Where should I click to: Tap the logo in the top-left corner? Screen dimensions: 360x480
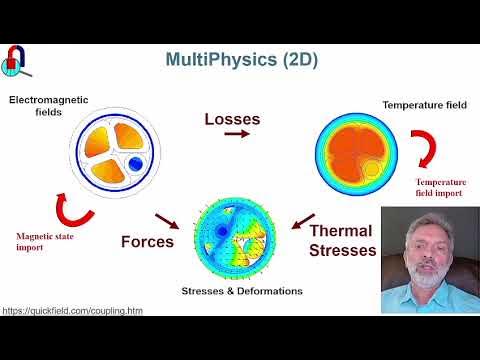[x=18, y=61]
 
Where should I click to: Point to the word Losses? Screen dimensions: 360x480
[x=232, y=119]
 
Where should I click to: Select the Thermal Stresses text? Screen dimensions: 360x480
[x=343, y=240]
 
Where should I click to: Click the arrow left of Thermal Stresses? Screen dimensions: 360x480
[x=300, y=220]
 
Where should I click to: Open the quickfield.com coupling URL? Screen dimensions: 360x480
[x=72, y=310]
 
